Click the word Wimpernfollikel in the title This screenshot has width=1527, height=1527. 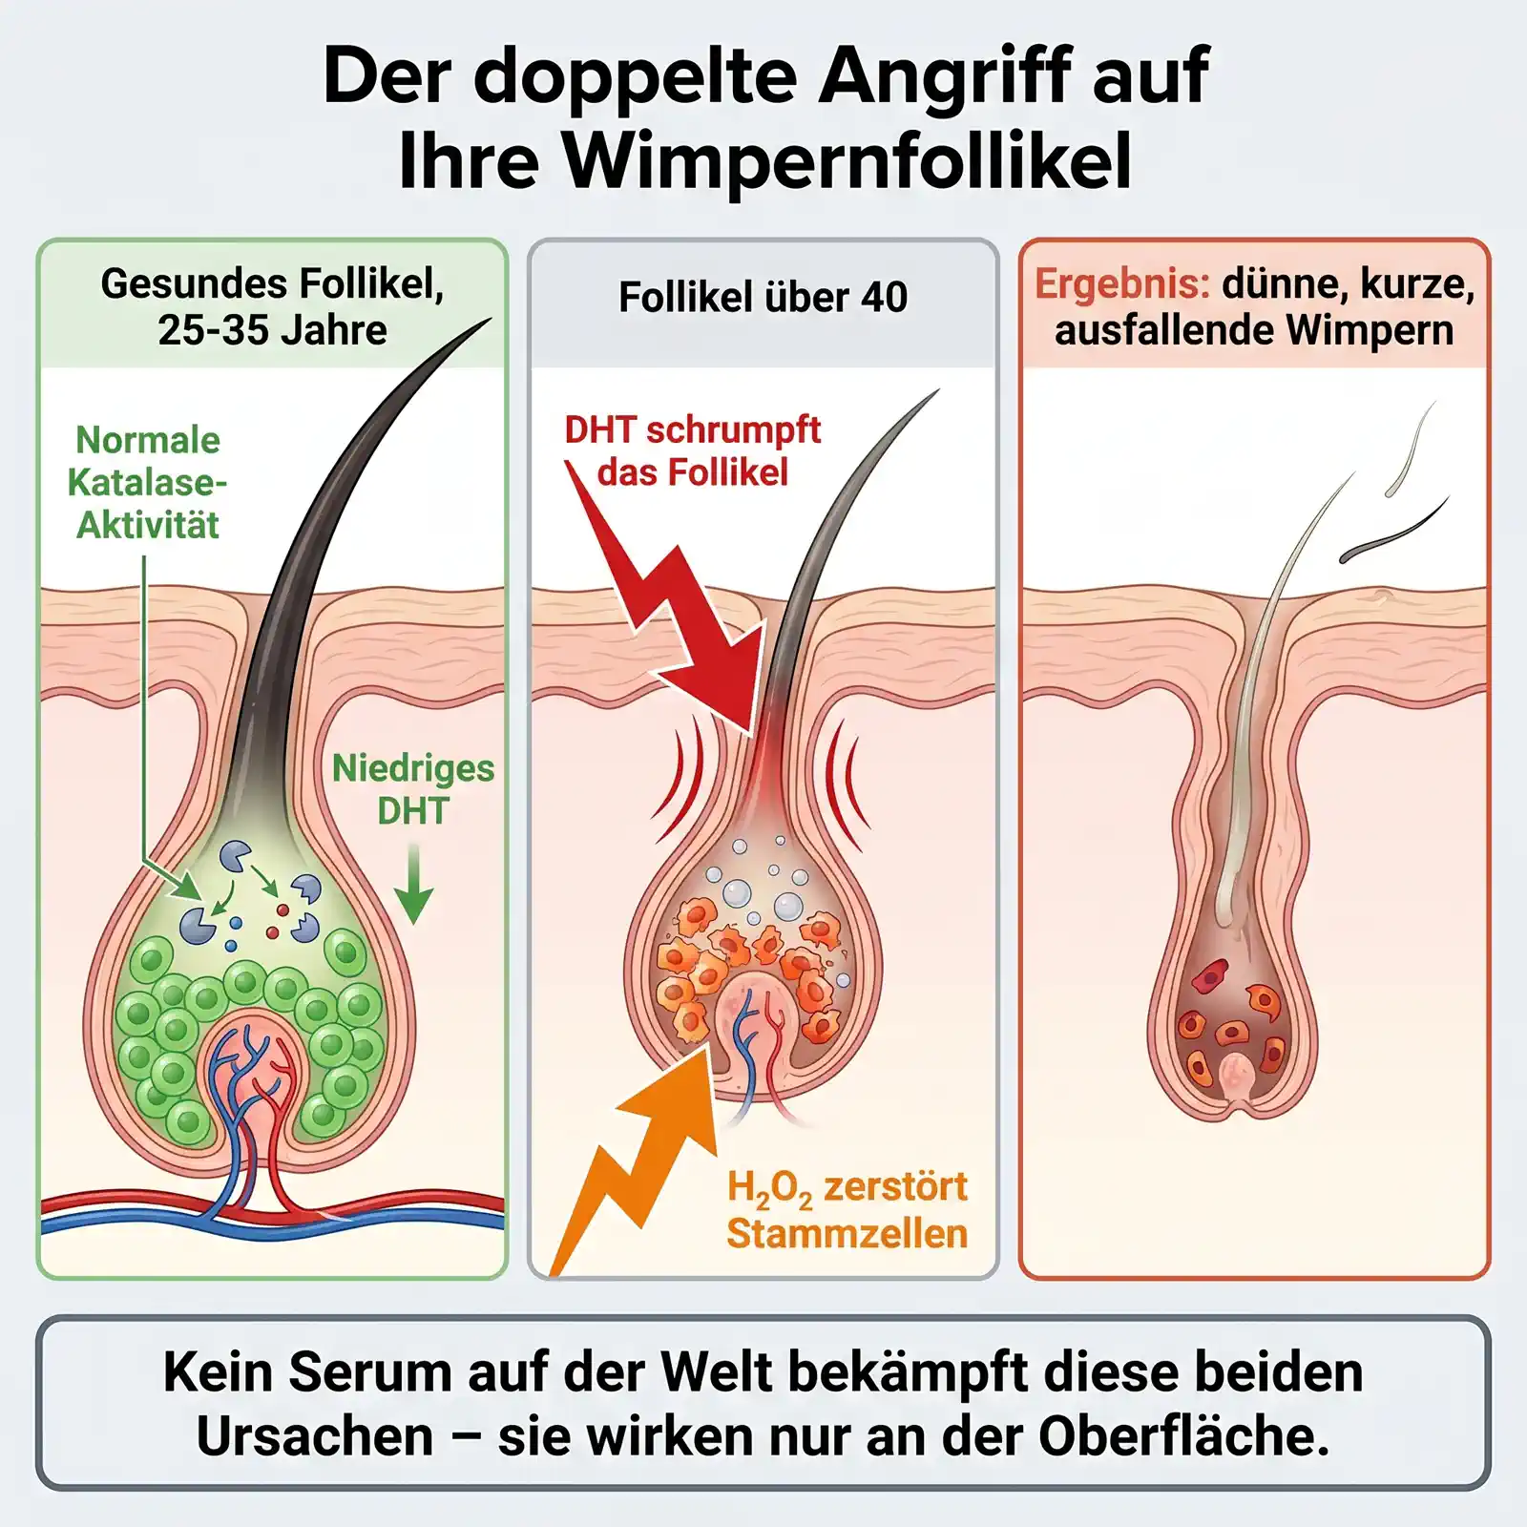tap(847, 159)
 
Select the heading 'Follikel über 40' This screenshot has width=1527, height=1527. tap(763, 297)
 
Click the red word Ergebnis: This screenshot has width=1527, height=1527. tap(1122, 284)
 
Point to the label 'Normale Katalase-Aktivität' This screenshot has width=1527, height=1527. tap(147, 483)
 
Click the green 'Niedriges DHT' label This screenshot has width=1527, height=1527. tap(413, 789)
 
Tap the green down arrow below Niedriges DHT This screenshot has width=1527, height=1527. tap(413, 884)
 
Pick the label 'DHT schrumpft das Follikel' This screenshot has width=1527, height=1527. tap(692, 450)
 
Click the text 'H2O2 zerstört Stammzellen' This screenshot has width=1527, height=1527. tap(847, 1210)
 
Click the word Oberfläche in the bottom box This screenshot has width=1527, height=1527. tap(1183, 1436)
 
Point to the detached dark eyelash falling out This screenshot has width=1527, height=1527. tap(1394, 531)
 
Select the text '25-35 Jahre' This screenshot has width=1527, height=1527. tap(272, 331)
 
